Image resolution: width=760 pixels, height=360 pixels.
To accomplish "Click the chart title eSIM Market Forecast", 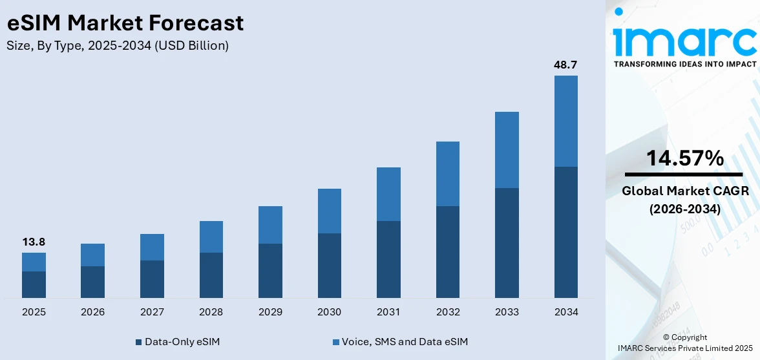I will (x=125, y=23).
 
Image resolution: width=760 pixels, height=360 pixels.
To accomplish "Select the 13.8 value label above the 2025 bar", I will (x=34, y=242).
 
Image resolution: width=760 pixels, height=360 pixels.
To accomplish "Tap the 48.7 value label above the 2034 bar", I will (x=565, y=65).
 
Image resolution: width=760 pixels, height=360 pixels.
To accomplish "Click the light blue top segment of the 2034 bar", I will (x=565, y=121).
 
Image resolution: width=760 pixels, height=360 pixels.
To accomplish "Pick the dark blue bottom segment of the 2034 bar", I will (x=565, y=232).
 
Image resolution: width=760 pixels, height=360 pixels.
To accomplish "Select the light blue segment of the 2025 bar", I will (x=34, y=262).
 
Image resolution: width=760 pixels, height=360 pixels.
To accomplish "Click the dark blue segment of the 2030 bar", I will (x=329, y=265).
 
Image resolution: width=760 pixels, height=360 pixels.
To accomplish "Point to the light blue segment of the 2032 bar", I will (x=447, y=174).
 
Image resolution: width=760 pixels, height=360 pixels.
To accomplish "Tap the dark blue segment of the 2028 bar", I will (x=211, y=275).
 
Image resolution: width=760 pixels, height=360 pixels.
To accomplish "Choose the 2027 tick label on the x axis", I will (x=152, y=312).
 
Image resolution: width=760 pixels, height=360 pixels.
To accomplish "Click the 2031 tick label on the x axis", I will (x=388, y=312).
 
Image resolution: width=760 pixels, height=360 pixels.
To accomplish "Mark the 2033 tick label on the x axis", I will (x=507, y=312).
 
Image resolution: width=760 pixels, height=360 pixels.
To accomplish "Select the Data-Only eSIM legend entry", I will (x=177, y=341).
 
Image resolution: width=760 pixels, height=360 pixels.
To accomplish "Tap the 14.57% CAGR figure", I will (x=684, y=158).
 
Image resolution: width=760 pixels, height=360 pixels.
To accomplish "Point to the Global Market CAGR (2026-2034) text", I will (x=684, y=200).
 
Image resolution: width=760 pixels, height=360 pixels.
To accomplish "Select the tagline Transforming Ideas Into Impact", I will (x=684, y=64).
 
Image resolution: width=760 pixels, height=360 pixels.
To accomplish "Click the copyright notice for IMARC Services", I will (x=684, y=343).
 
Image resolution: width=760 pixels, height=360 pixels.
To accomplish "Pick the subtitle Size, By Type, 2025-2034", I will (x=118, y=46).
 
